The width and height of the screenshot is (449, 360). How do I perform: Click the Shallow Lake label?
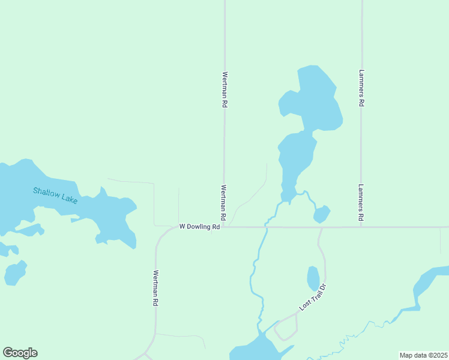tap(55, 195)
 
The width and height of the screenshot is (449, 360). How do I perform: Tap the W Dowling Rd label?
tap(200, 227)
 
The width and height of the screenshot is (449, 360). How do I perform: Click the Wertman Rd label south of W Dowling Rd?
tap(155, 288)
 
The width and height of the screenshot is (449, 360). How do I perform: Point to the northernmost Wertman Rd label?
tap(224, 89)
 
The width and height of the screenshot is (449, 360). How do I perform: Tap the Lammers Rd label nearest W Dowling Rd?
tap(361, 203)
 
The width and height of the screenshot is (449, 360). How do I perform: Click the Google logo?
tap(20, 353)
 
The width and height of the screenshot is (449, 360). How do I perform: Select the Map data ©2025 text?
tap(424, 355)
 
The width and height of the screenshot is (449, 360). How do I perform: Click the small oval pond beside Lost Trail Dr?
tap(313, 278)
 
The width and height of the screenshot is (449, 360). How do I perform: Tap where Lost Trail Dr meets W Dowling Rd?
tap(322, 227)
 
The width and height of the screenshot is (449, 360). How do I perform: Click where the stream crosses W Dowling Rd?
tap(267, 227)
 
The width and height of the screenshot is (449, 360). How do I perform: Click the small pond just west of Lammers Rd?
tap(322, 214)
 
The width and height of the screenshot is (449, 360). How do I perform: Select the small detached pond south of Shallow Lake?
tap(14, 273)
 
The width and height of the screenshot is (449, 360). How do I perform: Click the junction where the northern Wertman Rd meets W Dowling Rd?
tap(224, 227)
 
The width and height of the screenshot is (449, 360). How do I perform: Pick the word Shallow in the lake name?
tap(46, 193)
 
